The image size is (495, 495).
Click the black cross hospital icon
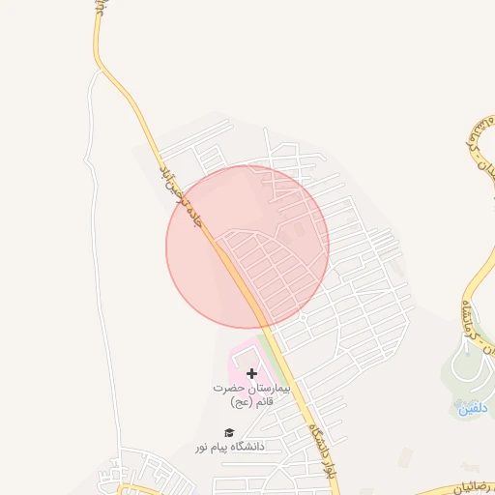pos(252,373)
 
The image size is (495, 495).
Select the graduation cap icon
pos(229,432)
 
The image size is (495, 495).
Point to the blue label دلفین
pos(472,408)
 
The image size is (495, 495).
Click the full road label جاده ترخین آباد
pos(182,193)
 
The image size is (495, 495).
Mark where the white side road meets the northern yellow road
pos(102,70)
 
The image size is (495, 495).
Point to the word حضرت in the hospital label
pos(229,388)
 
